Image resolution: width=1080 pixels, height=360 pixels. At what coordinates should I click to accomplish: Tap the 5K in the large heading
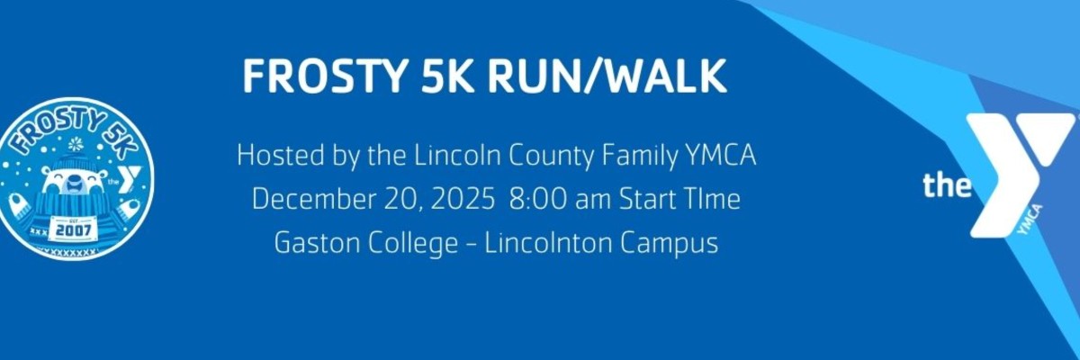pyautogui.click(x=447, y=76)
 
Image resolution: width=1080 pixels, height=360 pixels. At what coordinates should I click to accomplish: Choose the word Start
pyautogui.click(x=641, y=199)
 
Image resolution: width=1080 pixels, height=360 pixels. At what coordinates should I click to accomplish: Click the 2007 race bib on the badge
pyautogui.click(x=73, y=230)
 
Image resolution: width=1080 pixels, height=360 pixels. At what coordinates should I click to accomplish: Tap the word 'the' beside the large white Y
pyautogui.click(x=947, y=185)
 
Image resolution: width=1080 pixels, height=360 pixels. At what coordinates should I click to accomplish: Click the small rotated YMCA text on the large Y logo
pyautogui.click(x=1030, y=220)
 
